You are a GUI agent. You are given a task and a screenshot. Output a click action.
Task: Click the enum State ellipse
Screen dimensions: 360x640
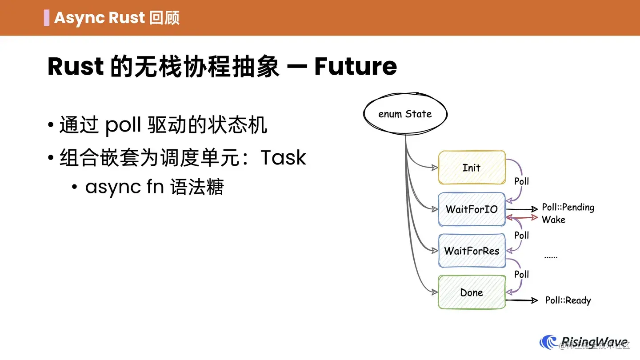coord(405,114)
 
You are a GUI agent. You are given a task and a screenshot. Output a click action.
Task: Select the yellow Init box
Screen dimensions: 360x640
coord(472,168)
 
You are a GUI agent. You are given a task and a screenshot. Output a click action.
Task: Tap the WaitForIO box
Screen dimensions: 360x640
coord(472,209)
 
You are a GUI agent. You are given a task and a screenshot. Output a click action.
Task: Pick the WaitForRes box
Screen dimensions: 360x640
coord(472,251)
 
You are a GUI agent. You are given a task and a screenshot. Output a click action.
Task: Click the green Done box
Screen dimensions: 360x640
coord(472,292)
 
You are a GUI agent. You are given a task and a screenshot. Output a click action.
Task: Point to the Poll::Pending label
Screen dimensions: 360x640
coord(568,208)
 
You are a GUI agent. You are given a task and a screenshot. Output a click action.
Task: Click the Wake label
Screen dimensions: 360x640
coord(553,220)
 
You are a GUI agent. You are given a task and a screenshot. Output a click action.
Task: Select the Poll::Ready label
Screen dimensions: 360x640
coord(568,300)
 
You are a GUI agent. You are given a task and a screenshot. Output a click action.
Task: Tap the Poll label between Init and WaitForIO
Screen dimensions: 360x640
coord(521,181)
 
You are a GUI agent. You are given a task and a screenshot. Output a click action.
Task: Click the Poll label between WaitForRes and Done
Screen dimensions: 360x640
coord(521,274)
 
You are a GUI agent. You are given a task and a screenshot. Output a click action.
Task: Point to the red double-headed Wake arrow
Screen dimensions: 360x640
coord(522,218)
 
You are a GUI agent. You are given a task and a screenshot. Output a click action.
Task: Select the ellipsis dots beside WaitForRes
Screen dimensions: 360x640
coord(551,257)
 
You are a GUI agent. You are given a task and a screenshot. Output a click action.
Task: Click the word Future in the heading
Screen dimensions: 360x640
coord(356,67)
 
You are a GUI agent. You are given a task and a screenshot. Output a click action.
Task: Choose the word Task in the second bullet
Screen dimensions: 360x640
coord(283,158)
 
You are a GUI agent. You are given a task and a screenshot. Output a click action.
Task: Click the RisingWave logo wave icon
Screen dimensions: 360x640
coord(548,343)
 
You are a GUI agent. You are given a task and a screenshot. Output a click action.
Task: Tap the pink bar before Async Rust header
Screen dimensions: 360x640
coord(47,18)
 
